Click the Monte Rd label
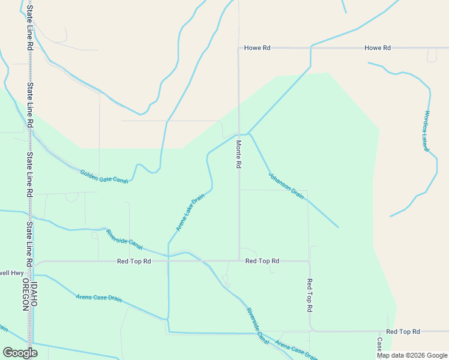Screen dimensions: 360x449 click(x=238, y=155)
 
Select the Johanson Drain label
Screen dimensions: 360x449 click(x=286, y=186)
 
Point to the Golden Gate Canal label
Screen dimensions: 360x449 click(x=104, y=176)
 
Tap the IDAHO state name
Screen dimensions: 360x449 click(x=34, y=295)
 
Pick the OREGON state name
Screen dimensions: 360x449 click(x=25, y=295)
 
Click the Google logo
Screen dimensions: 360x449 click(x=20, y=353)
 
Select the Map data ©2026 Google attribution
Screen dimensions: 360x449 click(x=412, y=355)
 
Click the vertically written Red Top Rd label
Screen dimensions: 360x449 click(x=310, y=295)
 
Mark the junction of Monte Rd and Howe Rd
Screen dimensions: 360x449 click(x=239, y=48)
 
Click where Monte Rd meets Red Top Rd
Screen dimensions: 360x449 click(x=240, y=261)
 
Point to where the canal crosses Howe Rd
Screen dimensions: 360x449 click(x=310, y=48)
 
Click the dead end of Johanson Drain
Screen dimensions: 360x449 click(x=338, y=227)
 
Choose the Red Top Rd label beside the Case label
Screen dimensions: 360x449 click(x=403, y=331)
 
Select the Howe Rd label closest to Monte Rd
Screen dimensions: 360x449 click(x=258, y=48)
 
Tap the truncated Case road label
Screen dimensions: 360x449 click(x=379, y=344)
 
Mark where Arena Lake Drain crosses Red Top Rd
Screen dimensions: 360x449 click(x=168, y=261)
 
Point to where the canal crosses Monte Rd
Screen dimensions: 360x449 click(x=239, y=134)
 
